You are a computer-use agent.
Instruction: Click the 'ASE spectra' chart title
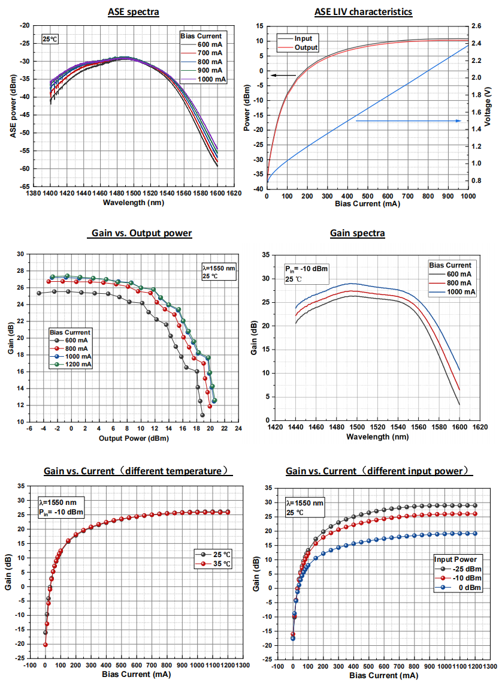point(133,12)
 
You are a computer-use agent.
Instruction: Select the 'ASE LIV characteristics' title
point(363,12)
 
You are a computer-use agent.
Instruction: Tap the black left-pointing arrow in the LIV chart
point(283,75)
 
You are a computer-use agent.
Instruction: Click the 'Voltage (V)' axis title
point(488,107)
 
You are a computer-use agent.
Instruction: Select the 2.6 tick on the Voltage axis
point(476,26)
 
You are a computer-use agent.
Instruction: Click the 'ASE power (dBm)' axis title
point(13,107)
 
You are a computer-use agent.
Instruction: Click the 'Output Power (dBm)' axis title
point(134,438)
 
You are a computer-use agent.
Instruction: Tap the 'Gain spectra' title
point(357,233)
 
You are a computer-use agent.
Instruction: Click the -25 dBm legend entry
point(464,568)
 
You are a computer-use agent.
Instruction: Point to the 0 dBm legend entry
point(464,588)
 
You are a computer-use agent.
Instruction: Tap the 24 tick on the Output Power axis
point(238,429)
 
